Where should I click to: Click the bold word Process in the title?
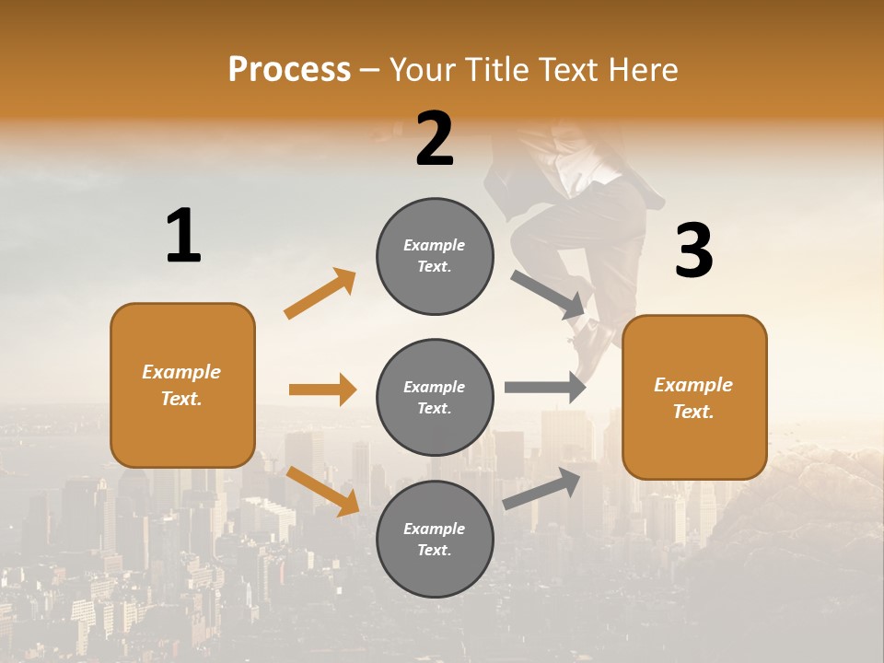pos(289,70)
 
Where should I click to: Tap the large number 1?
pos(183,236)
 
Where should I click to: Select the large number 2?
pos(435,139)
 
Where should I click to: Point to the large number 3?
pos(693,251)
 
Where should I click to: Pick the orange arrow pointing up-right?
pos(320,294)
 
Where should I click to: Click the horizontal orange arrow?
pos(322,390)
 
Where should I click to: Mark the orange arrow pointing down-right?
pos(322,490)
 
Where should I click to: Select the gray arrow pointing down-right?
pos(549,295)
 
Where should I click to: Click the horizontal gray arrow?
pos(545,387)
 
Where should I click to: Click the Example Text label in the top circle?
pos(435,256)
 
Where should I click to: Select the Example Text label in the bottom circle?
pos(435,540)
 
